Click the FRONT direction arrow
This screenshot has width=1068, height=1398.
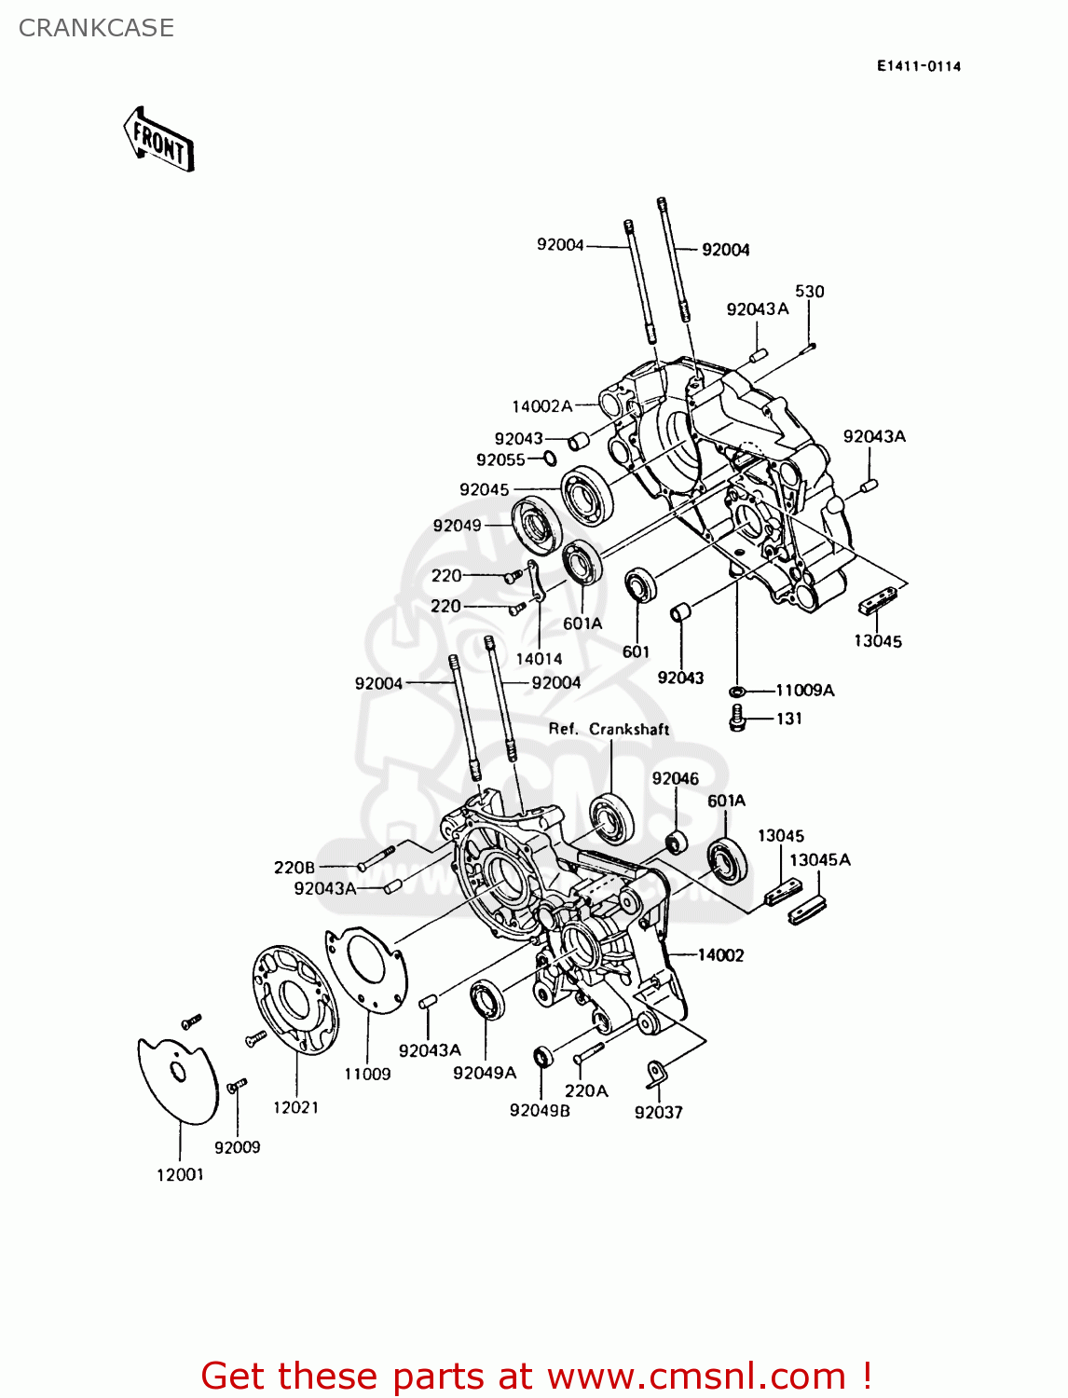coord(158,140)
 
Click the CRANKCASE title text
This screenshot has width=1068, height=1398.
coord(96,28)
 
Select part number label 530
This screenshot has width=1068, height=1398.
coord(809,292)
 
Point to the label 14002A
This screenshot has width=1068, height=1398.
coord(541,406)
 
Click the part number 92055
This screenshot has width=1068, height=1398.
coord(500,459)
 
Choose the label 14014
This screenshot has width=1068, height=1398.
coord(539,659)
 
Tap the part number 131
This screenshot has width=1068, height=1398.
coord(788,719)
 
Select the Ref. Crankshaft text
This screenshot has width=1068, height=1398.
coord(609,729)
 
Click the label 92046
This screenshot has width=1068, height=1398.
coord(675,779)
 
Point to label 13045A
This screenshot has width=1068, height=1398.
coord(819,860)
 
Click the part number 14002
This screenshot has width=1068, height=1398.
coord(720,955)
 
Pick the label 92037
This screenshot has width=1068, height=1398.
coord(658,1112)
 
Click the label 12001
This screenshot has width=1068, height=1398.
coord(180,1174)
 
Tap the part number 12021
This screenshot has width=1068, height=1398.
coord(295,1107)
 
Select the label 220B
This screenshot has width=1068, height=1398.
coord(294,868)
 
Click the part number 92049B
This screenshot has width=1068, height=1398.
coord(540,1110)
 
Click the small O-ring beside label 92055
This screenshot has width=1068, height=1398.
coord(550,459)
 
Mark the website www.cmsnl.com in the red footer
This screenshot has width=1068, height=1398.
coord(695,1377)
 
